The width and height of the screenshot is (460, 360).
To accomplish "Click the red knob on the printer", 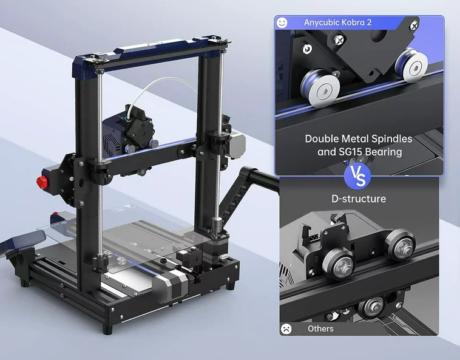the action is [42, 183].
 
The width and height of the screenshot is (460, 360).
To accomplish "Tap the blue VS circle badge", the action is [357, 176].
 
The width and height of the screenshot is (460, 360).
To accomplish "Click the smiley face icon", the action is [282, 22].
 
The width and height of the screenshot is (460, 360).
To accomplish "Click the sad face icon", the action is [286, 328].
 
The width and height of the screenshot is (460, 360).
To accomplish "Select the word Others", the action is [320, 328].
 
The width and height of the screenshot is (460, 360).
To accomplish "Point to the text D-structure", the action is [359, 199].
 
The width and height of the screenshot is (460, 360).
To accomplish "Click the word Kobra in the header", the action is [351, 22].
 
